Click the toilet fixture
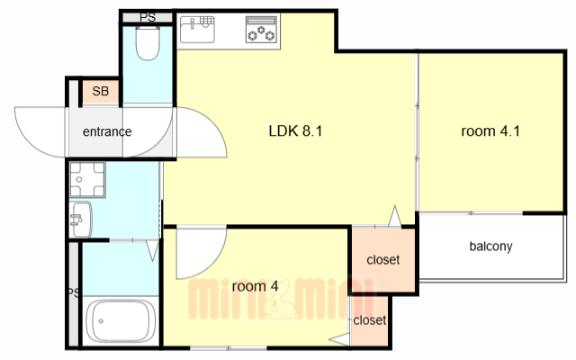(148, 43)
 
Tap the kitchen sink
(197, 30)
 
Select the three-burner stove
(261, 30)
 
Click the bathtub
(121, 320)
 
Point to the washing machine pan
(87, 180)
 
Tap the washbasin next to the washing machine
(80, 220)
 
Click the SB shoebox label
(100, 91)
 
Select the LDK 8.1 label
(295, 130)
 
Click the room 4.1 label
(490, 130)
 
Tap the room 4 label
(255, 286)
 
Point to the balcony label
(490, 246)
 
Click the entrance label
(107, 131)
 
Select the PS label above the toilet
(148, 17)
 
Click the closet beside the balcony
(383, 260)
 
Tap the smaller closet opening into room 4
(370, 320)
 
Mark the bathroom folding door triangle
(152, 250)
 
